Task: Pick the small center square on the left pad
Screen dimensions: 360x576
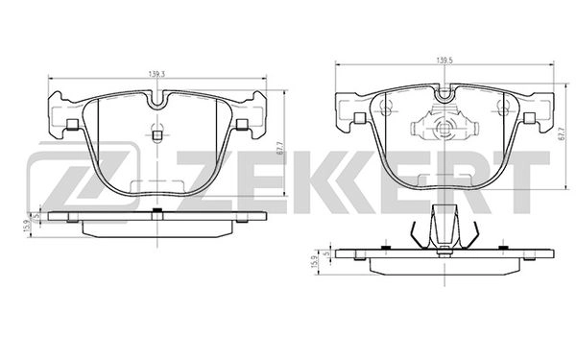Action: tap(156, 134)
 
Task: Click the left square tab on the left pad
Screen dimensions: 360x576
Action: tap(72, 123)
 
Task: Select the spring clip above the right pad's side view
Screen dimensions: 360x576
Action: tap(443, 231)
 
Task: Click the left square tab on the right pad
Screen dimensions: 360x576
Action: tap(357, 118)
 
